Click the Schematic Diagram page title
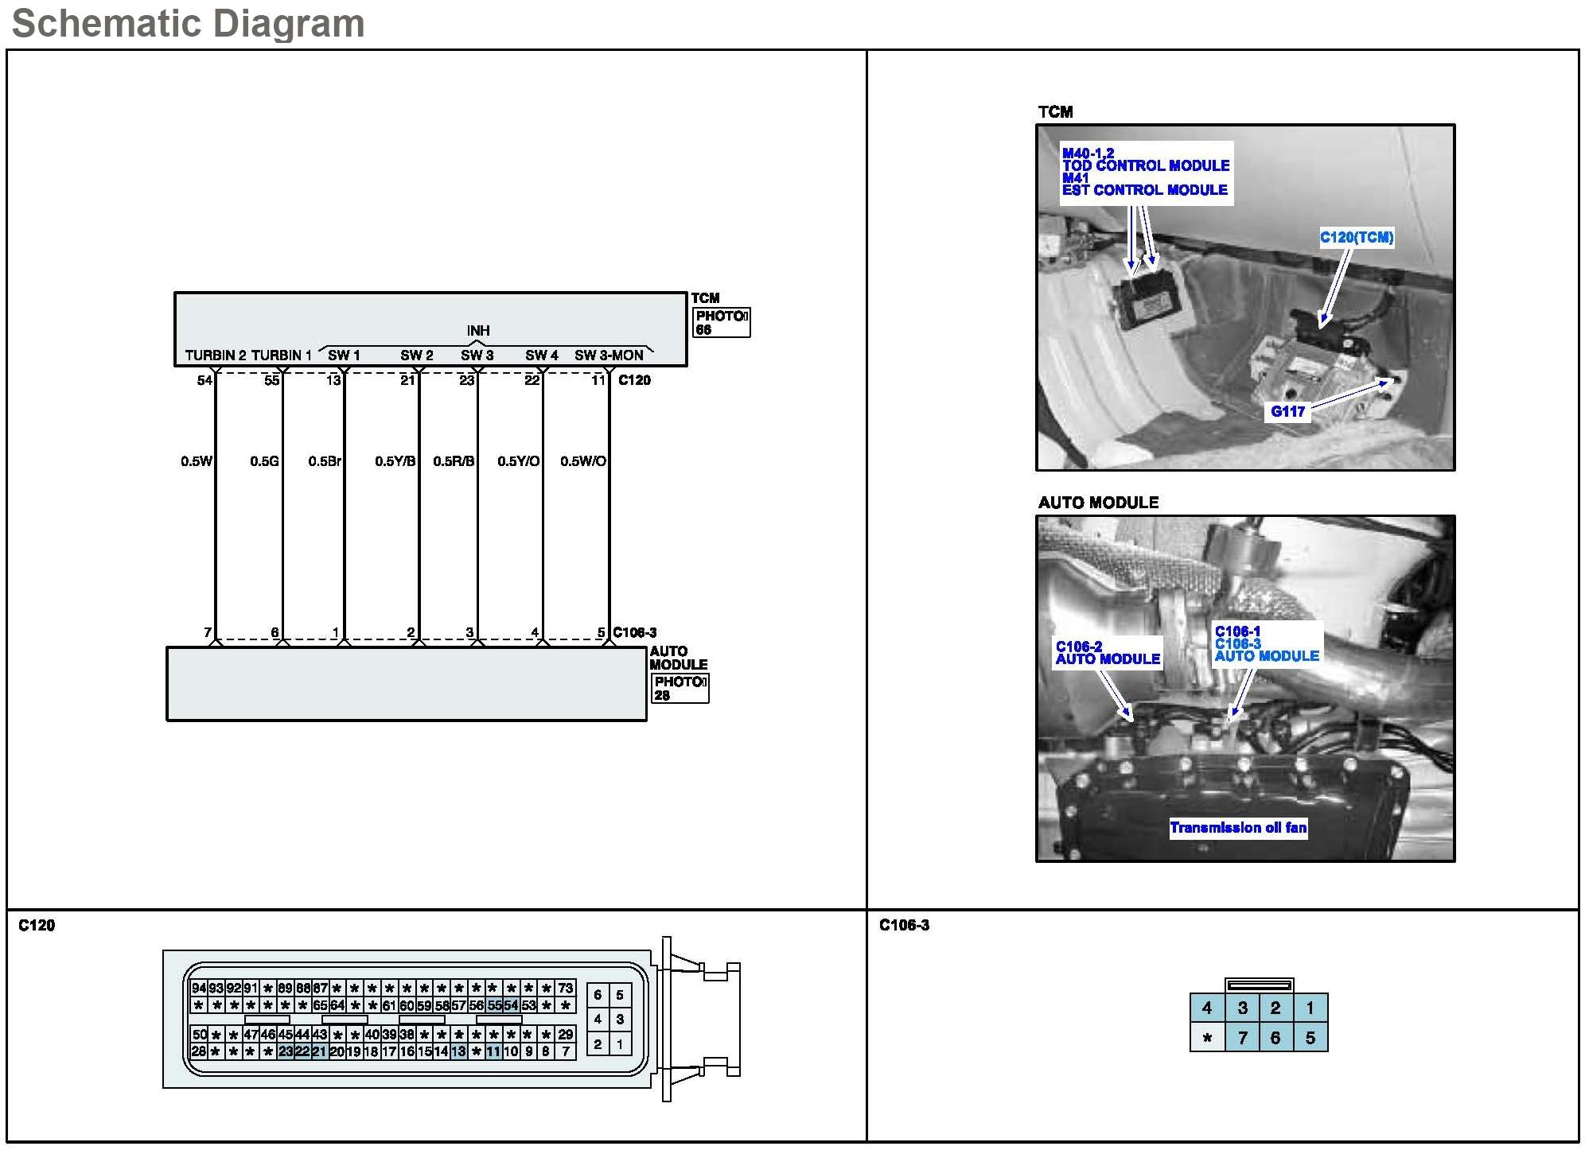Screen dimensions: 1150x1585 pos(189,24)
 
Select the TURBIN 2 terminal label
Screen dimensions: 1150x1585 pos(215,355)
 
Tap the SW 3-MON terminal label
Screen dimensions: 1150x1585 pos(609,355)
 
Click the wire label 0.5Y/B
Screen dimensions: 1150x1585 pos(395,461)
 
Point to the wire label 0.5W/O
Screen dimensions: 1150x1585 pos(582,461)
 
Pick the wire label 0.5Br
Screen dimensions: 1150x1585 pos(325,461)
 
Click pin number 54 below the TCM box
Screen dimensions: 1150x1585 pos(204,380)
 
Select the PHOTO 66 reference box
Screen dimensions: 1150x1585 pos(721,322)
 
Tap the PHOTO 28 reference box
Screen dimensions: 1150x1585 pos(680,688)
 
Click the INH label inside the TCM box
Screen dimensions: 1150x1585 pos(478,331)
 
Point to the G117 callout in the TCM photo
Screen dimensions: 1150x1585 pos(1287,411)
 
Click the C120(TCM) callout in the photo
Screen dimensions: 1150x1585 pos(1357,237)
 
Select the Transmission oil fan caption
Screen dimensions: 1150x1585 pos(1238,828)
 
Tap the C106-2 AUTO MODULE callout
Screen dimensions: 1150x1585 pos(1107,653)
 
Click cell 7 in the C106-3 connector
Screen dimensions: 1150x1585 pos(1242,1038)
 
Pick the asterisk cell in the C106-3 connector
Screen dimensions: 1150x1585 pos(1208,1038)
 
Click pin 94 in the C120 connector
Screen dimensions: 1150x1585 pos(198,989)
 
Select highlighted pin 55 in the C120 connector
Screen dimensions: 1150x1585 pos(494,1005)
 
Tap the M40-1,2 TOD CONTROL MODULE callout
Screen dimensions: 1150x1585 pos(1145,160)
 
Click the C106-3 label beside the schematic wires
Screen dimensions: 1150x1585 pos(634,633)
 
